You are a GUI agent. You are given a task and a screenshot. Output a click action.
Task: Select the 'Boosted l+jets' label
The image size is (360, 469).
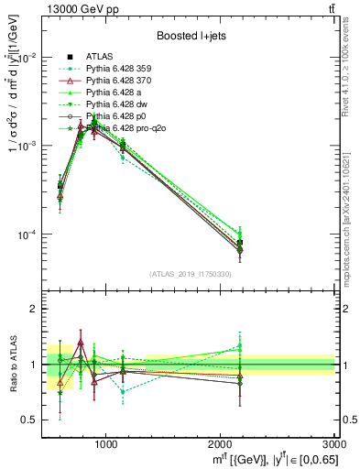[x=189, y=36]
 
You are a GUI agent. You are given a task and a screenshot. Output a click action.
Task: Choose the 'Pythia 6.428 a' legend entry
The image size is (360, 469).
[x=132, y=92]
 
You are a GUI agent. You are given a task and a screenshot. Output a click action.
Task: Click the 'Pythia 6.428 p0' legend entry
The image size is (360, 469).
[x=134, y=115]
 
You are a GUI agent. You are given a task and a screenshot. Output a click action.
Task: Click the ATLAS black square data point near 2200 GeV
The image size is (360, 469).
[x=239, y=243]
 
